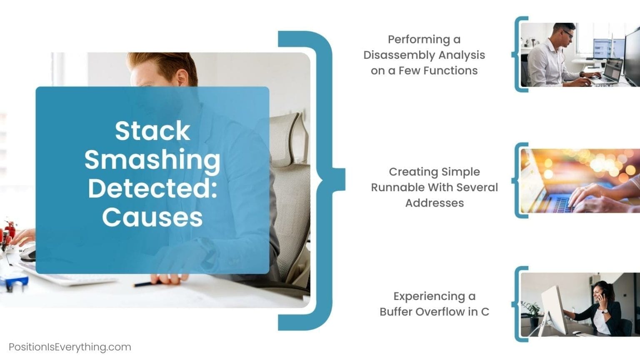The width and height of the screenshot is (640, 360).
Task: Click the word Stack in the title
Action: coord(152,131)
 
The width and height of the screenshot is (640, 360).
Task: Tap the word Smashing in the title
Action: coord(152,160)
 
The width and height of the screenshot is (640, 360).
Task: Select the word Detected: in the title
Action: coord(152,188)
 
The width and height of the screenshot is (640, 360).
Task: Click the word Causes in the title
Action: coord(152,217)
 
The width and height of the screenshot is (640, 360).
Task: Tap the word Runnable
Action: coord(397,187)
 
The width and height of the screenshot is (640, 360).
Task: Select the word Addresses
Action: coord(435,203)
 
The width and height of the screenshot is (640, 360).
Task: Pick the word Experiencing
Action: coord(429,296)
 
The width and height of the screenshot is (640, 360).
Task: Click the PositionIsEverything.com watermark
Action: coord(70,347)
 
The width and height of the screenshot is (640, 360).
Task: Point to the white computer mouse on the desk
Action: coord(27,252)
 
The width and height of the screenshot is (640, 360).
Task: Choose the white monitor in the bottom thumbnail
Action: coord(554,308)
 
